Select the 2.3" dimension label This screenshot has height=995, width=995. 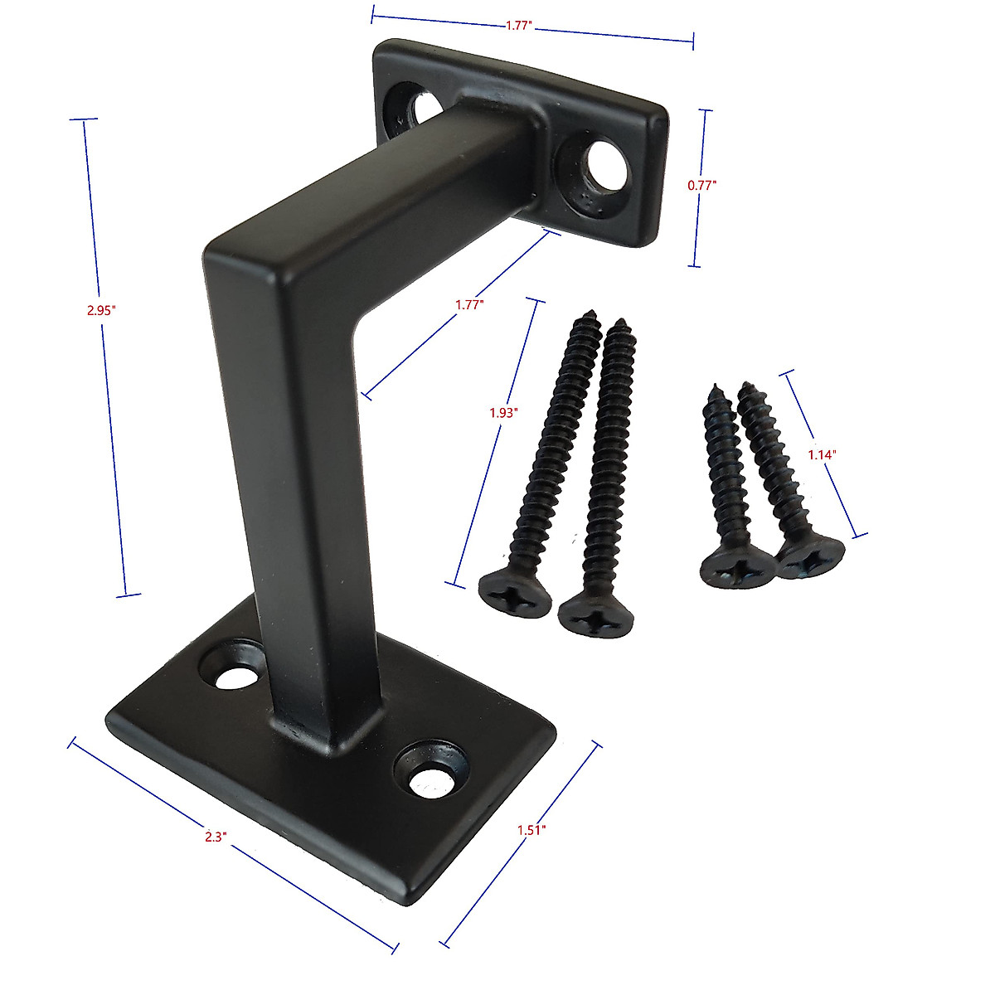(x=215, y=837)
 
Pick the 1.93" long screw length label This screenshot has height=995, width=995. (x=503, y=412)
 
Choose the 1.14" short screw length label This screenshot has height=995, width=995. (x=822, y=454)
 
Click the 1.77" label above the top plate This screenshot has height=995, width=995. (x=518, y=26)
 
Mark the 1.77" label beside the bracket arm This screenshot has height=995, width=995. (x=469, y=304)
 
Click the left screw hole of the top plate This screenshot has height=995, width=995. (x=412, y=106)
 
